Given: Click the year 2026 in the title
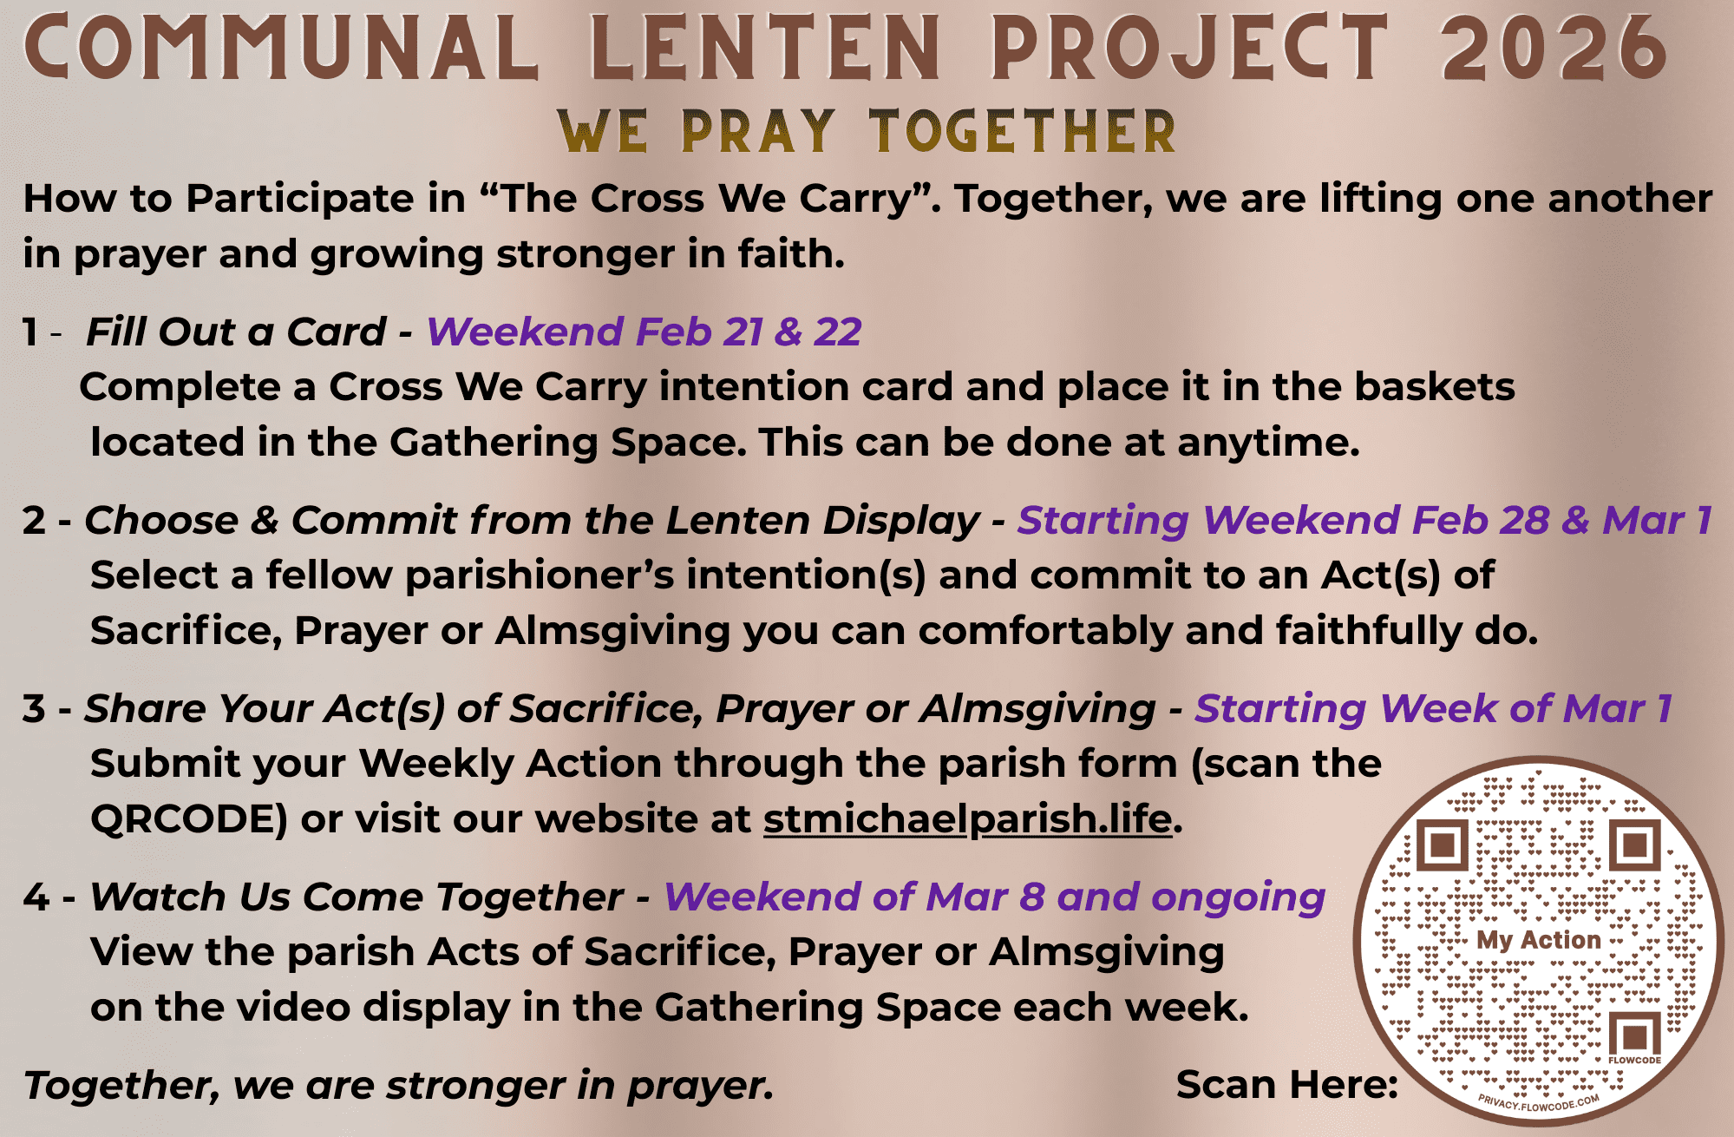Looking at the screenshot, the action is pyautogui.click(x=1554, y=48).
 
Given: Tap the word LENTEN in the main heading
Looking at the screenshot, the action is pyautogui.click(x=766, y=48).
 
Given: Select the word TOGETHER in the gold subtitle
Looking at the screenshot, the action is pyautogui.click(x=1023, y=133).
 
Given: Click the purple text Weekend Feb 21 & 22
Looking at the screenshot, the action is pyautogui.click(x=644, y=332).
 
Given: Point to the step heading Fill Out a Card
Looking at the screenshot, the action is pyautogui.click(x=235, y=332).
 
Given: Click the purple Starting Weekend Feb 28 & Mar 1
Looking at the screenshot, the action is pyautogui.click(x=1364, y=520).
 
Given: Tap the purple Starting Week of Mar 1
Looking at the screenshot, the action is pyautogui.click(x=1433, y=708).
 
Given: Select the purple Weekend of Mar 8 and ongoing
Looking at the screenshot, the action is pyautogui.click(x=994, y=897).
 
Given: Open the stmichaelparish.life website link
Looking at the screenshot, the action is pyautogui.click(x=968, y=819).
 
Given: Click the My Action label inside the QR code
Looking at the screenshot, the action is pyautogui.click(x=1539, y=940).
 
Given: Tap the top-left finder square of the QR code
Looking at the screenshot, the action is pyautogui.click(x=1443, y=845).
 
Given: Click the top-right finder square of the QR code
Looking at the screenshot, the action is pyautogui.click(x=1635, y=845).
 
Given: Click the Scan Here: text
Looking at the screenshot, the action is pyautogui.click(x=1287, y=1085).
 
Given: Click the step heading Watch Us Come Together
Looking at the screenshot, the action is pyautogui.click(x=357, y=897).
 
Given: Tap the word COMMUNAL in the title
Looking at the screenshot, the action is pyautogui.click(x=281, y=48).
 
